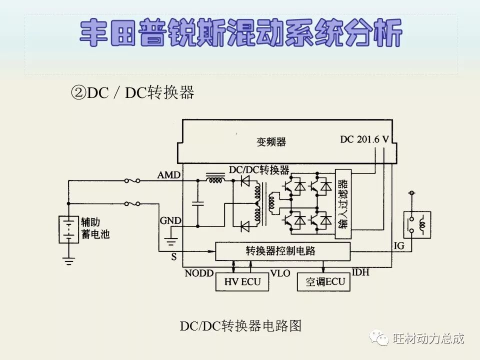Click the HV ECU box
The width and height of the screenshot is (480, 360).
tap(242, 281)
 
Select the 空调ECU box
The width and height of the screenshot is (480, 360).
tap(324, 281)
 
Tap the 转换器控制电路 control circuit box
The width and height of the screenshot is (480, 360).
tap(282, 250)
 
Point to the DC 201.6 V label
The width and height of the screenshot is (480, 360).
tap(364, 139)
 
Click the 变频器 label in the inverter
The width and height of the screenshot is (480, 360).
tap(271, 142)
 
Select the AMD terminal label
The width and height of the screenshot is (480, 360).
tap(169, 175)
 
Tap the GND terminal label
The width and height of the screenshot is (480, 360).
tap(170, 220)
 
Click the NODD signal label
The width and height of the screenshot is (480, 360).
tap(199, 273)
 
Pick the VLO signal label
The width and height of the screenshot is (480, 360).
tap(280, 273)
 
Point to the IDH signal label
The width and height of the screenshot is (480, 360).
tap(361, 272)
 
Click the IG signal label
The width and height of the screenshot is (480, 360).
tap(399, 245)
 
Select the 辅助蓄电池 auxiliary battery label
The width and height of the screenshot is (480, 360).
tap(95, 228)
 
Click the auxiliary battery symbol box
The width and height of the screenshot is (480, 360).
tap(68, 229)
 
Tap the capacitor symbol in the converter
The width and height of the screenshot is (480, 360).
tap(198, 203)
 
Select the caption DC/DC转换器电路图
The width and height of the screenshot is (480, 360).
tap(240, 326)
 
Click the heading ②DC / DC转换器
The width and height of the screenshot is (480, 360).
tap(132, 92)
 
